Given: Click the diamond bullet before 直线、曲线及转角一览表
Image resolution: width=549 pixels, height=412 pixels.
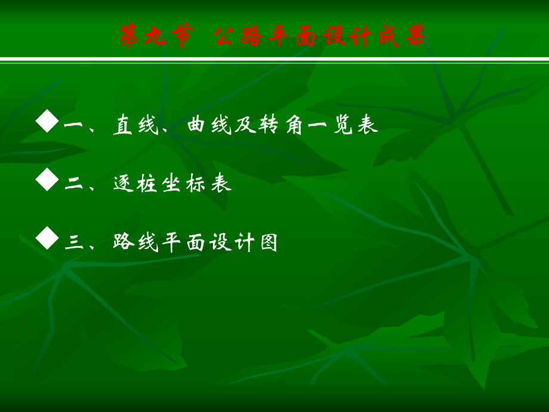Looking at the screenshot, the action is pyautogui.click(x=47, y=121).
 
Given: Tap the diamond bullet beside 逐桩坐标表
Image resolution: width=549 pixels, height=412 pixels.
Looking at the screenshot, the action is pyautogui.click(x=47, y=179).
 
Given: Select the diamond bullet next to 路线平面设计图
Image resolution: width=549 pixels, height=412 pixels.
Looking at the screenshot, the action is pyautogui.click(x=47, y=238).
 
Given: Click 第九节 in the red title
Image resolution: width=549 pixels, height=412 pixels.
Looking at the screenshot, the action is pyautogui.click(x=156, y=36).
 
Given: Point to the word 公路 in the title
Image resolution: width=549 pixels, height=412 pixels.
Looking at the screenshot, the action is pyautogui.click(x=238, y=36).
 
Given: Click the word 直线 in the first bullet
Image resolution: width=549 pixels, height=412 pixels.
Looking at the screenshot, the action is pyautogui.click(x=136, y=124).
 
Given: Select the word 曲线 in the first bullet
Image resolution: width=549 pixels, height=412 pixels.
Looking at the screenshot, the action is pyautogui.click(x=209, y=124).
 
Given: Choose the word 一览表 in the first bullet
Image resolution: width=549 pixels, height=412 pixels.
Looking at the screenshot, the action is pyautogui.click(x=343, y=124).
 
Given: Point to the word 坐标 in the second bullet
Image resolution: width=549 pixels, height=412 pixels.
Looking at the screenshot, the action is pyautogui.click(x=183, y=183).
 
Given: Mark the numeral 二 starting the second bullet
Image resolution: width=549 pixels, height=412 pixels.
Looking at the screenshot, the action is pyautogui.click(x=74, y=183).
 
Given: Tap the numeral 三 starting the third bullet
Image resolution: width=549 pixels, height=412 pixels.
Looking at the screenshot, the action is pyautogui.click(x=74, y=242).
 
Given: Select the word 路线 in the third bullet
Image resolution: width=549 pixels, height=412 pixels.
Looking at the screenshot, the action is pyautogui.click(x=136, y=242).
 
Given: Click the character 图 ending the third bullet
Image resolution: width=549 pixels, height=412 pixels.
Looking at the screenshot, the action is pyautogui.click(x=269, y=242).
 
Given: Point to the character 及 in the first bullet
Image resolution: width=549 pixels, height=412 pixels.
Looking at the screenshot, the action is pyautogui.click(x=245, y=124).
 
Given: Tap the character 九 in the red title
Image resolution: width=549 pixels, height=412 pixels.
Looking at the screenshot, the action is pyautogui.click(x=156, y=36).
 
